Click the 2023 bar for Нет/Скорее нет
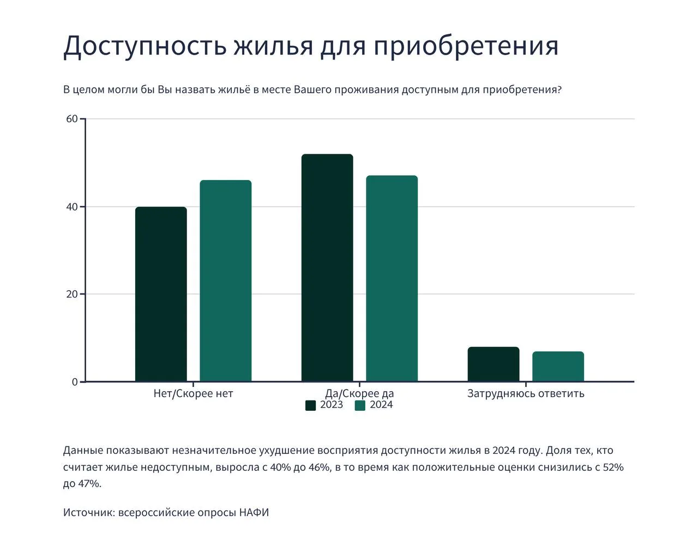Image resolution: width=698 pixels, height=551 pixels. tap(161, 294)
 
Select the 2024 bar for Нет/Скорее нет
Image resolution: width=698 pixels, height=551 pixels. tap(225, 280)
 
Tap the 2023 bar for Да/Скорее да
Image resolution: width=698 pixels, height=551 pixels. tap(327, 268)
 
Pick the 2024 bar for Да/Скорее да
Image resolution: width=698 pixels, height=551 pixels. tap(392, 278)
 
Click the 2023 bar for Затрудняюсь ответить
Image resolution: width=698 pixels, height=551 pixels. tap(494, 364)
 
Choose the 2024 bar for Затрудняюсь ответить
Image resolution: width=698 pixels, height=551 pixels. tap(558, 367)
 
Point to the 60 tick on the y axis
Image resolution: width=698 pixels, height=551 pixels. tap(72, 119)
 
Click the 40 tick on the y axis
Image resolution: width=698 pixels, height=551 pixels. tap(72, 207)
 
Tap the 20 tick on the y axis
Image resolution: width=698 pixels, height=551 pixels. tap(72, 294)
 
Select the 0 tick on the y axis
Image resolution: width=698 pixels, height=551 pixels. tap(75, 382)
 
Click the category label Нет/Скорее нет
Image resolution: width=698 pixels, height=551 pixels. tap(193, 393)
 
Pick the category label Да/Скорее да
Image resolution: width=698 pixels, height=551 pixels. tap(359, 393)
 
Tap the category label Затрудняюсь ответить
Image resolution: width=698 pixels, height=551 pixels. tap(526, 393)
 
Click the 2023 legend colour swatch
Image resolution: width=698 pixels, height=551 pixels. tap(311, 405)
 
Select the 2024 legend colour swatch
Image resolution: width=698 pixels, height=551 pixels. tap(360, 405)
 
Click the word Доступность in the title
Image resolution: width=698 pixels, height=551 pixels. tap(145, 46)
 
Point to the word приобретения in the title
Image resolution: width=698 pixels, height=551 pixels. tap(466, 46)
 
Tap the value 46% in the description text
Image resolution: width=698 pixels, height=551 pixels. tap(320, 468)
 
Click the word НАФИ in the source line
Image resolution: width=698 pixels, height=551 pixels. tap(254, 513)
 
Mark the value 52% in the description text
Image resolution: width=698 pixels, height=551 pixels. tap(613, 468)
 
